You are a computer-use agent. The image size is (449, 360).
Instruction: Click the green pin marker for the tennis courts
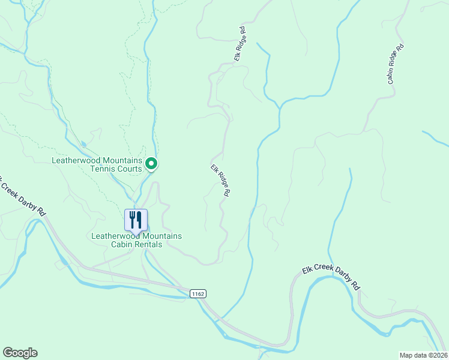[152, 163]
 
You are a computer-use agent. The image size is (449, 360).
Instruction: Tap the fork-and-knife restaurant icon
[136, 220]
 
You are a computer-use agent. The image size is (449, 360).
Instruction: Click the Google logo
[20, 353]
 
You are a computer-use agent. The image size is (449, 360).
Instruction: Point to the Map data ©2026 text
[423, 355]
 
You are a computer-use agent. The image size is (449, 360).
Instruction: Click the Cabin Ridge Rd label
[395, 64]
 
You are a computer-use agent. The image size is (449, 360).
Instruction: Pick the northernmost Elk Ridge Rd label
[240, 44]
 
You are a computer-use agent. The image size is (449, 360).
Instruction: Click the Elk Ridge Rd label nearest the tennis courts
[220, 181]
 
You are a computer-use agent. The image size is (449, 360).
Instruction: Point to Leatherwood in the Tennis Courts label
[75, 160]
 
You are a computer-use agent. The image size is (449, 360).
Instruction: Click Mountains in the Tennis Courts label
[122, 160]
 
